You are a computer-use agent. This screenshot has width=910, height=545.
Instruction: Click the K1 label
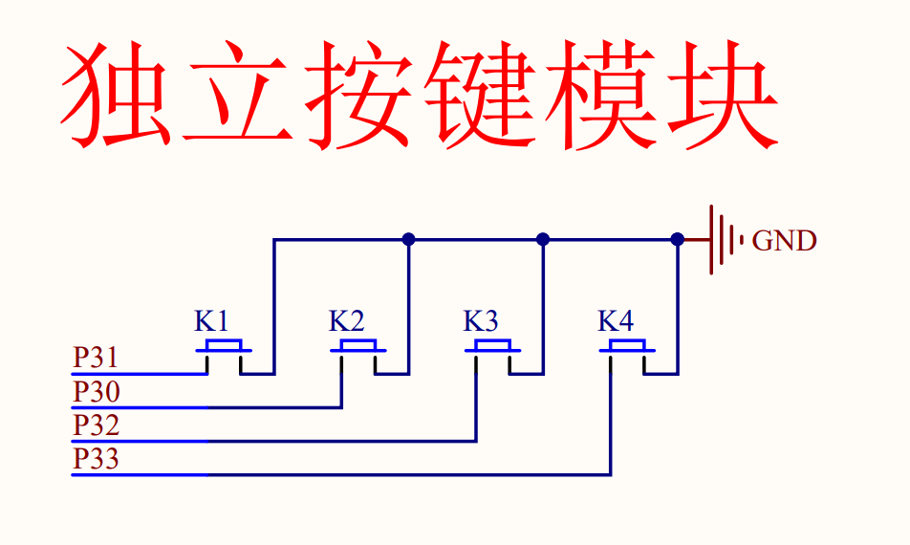tap(211, 321)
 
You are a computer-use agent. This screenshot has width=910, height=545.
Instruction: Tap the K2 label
tap(346, 321)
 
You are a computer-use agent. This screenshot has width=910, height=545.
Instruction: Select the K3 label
tap(481, 321)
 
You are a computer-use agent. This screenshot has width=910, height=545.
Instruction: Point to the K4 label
tap(616, 321)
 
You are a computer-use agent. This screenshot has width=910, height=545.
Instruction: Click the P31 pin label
tap(96, 358)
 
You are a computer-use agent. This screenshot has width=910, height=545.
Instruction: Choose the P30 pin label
tap(97, 392)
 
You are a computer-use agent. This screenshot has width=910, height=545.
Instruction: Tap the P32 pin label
tap(97, 425)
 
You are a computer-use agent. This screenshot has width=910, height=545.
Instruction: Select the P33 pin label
tap(97, 459)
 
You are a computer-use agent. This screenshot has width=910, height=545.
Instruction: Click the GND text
tap(784, 241)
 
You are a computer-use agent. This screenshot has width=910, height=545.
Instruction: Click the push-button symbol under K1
tap(224, 356)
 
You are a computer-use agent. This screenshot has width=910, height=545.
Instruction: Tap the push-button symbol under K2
tap(358, 356)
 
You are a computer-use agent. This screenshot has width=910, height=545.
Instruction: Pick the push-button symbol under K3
tap(492, 356)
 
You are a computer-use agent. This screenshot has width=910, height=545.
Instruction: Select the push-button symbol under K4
tap(627, 356)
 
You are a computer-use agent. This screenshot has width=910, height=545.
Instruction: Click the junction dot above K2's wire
tap(408, 239)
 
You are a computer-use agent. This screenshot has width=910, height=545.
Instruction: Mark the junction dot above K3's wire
tap(543, 239)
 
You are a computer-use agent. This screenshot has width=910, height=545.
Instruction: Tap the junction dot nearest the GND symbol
tap(678, 239)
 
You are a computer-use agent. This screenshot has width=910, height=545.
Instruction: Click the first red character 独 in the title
tap(116, 94)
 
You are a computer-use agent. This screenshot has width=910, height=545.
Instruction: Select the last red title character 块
tap(723, 94)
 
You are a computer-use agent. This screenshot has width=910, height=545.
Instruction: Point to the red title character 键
tap(480, 94)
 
